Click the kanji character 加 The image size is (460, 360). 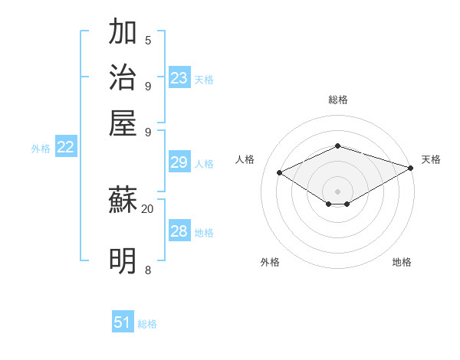pos(123,32)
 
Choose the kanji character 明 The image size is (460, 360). pos(123,260)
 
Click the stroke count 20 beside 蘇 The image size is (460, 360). pos(147,208)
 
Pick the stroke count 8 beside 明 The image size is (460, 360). pos(148,270)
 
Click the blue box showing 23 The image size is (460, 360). pos(179,78)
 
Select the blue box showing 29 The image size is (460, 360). pos(179,162)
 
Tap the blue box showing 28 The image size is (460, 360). pos(179,231)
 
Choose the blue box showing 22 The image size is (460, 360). pos(65,147)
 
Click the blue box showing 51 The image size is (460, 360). pos(123,322)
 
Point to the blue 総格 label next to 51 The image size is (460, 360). pos(148,324)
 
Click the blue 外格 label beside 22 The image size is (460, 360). pos(41,149)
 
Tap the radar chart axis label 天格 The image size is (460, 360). pos(431,159)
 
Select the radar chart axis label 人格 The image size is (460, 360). pos(245,159)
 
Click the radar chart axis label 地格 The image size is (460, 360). pos(402,262)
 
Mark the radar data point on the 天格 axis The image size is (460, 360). pos(412,168)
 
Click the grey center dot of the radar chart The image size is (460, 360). pos(338,191)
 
